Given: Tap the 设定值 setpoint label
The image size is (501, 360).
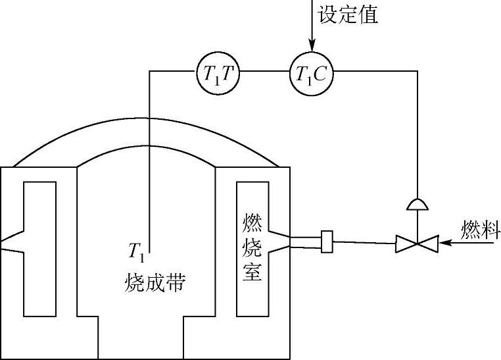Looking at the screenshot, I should (x=348, y=14).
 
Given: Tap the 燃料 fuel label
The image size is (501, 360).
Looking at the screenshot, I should (x=479, y=230).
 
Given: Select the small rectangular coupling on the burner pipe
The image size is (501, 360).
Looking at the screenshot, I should (x=327, y=242).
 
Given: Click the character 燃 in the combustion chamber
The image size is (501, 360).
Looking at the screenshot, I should (x=252, y=225).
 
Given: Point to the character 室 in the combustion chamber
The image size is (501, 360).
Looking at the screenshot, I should (x=252, y=272).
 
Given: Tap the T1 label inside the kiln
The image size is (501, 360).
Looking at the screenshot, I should (x=136, y=251).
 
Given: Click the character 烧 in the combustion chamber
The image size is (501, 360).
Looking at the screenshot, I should (x=252, y=248).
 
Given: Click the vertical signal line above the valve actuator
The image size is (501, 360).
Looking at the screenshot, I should (x=417, y=132).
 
